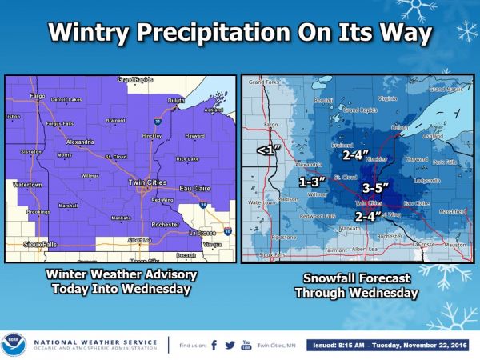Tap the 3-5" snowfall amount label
pyautogui.click(x=375, y=189)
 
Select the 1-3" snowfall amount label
pyautogui.click(x=313, y=182)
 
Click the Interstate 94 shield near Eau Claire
pyautogui.click(x=202, y=205)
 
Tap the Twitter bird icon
pyautogui.click(x=230, y=345)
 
